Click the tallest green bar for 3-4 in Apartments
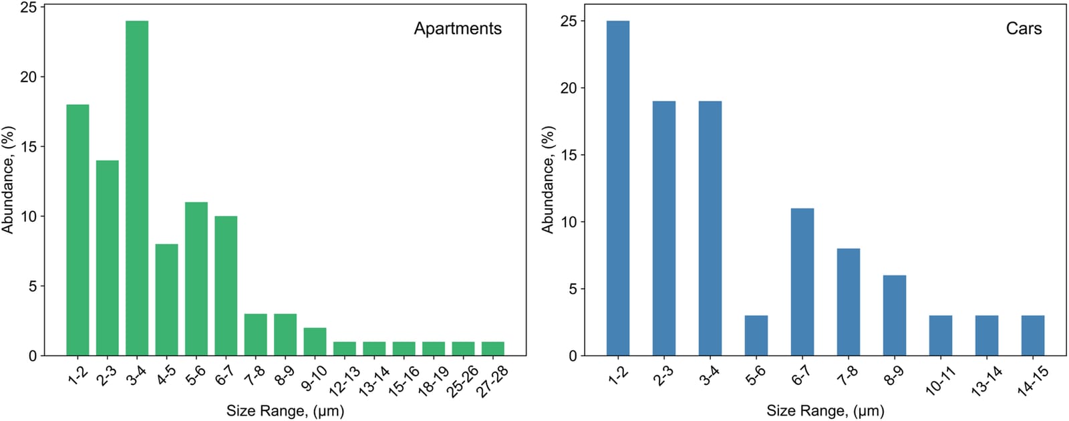tap(137, 188)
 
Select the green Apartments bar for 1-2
tap(78, 230)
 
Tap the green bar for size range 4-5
tap(166, 300)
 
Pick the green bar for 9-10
tap(315, 341)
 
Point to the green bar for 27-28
tap(493, 349)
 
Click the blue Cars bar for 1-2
tap(618, 188)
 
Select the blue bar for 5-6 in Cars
tap(756, 335)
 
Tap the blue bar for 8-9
tap(895, 315)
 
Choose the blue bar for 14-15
tap(1033, 335)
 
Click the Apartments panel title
tap(458, 29)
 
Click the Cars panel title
tap(1024, 29)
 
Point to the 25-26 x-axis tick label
tap(462, 382)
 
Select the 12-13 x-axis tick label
tap(344, 382)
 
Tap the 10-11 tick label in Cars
tap(939, 382)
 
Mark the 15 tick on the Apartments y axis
tap(29, 146)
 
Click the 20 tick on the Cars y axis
tap(569, 88)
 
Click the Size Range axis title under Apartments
tap(285, 411)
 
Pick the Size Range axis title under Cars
tap(826, 411)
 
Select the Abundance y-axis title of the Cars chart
tap(548, 180)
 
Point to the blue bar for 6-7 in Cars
tap(802, 282)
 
